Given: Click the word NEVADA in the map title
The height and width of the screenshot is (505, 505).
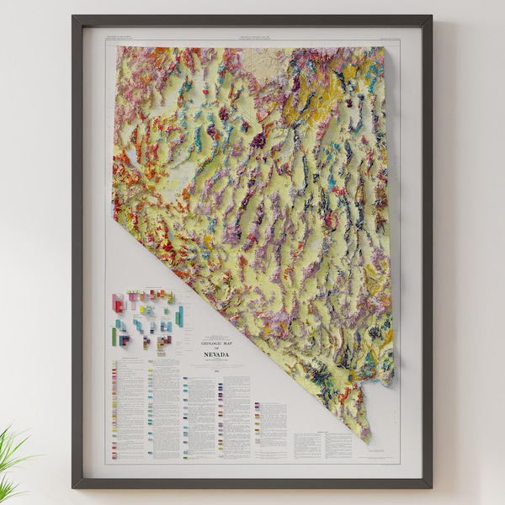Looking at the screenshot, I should [215, 354].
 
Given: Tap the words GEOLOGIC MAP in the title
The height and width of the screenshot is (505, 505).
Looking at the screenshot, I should [215, 344].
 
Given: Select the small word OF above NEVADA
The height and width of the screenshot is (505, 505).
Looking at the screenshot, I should [215, 349].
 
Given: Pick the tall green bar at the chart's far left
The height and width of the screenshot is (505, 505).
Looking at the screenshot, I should [114, 336].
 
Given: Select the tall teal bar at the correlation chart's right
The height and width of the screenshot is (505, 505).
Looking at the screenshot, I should [179, 316].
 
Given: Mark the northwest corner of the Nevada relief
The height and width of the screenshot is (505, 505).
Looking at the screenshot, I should [115, 47].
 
